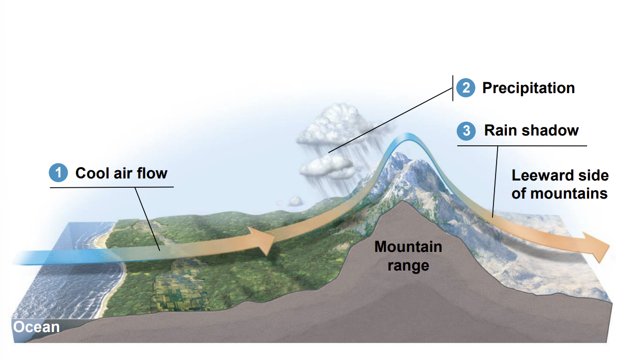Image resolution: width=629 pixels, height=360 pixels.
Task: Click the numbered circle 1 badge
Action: pos(58,173)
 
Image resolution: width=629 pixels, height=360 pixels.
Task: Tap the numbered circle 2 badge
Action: pos(466,88)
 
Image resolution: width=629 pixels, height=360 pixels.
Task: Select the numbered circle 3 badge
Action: pos(466,130)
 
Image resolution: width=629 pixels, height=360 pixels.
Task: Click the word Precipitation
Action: pos(528,88)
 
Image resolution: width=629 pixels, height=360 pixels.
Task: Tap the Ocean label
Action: pos(36,327)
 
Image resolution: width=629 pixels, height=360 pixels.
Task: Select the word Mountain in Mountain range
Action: pos(408,247)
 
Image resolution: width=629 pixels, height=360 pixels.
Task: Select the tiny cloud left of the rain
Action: pos(295,201)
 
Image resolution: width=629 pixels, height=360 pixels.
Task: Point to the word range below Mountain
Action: pos(408,266)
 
